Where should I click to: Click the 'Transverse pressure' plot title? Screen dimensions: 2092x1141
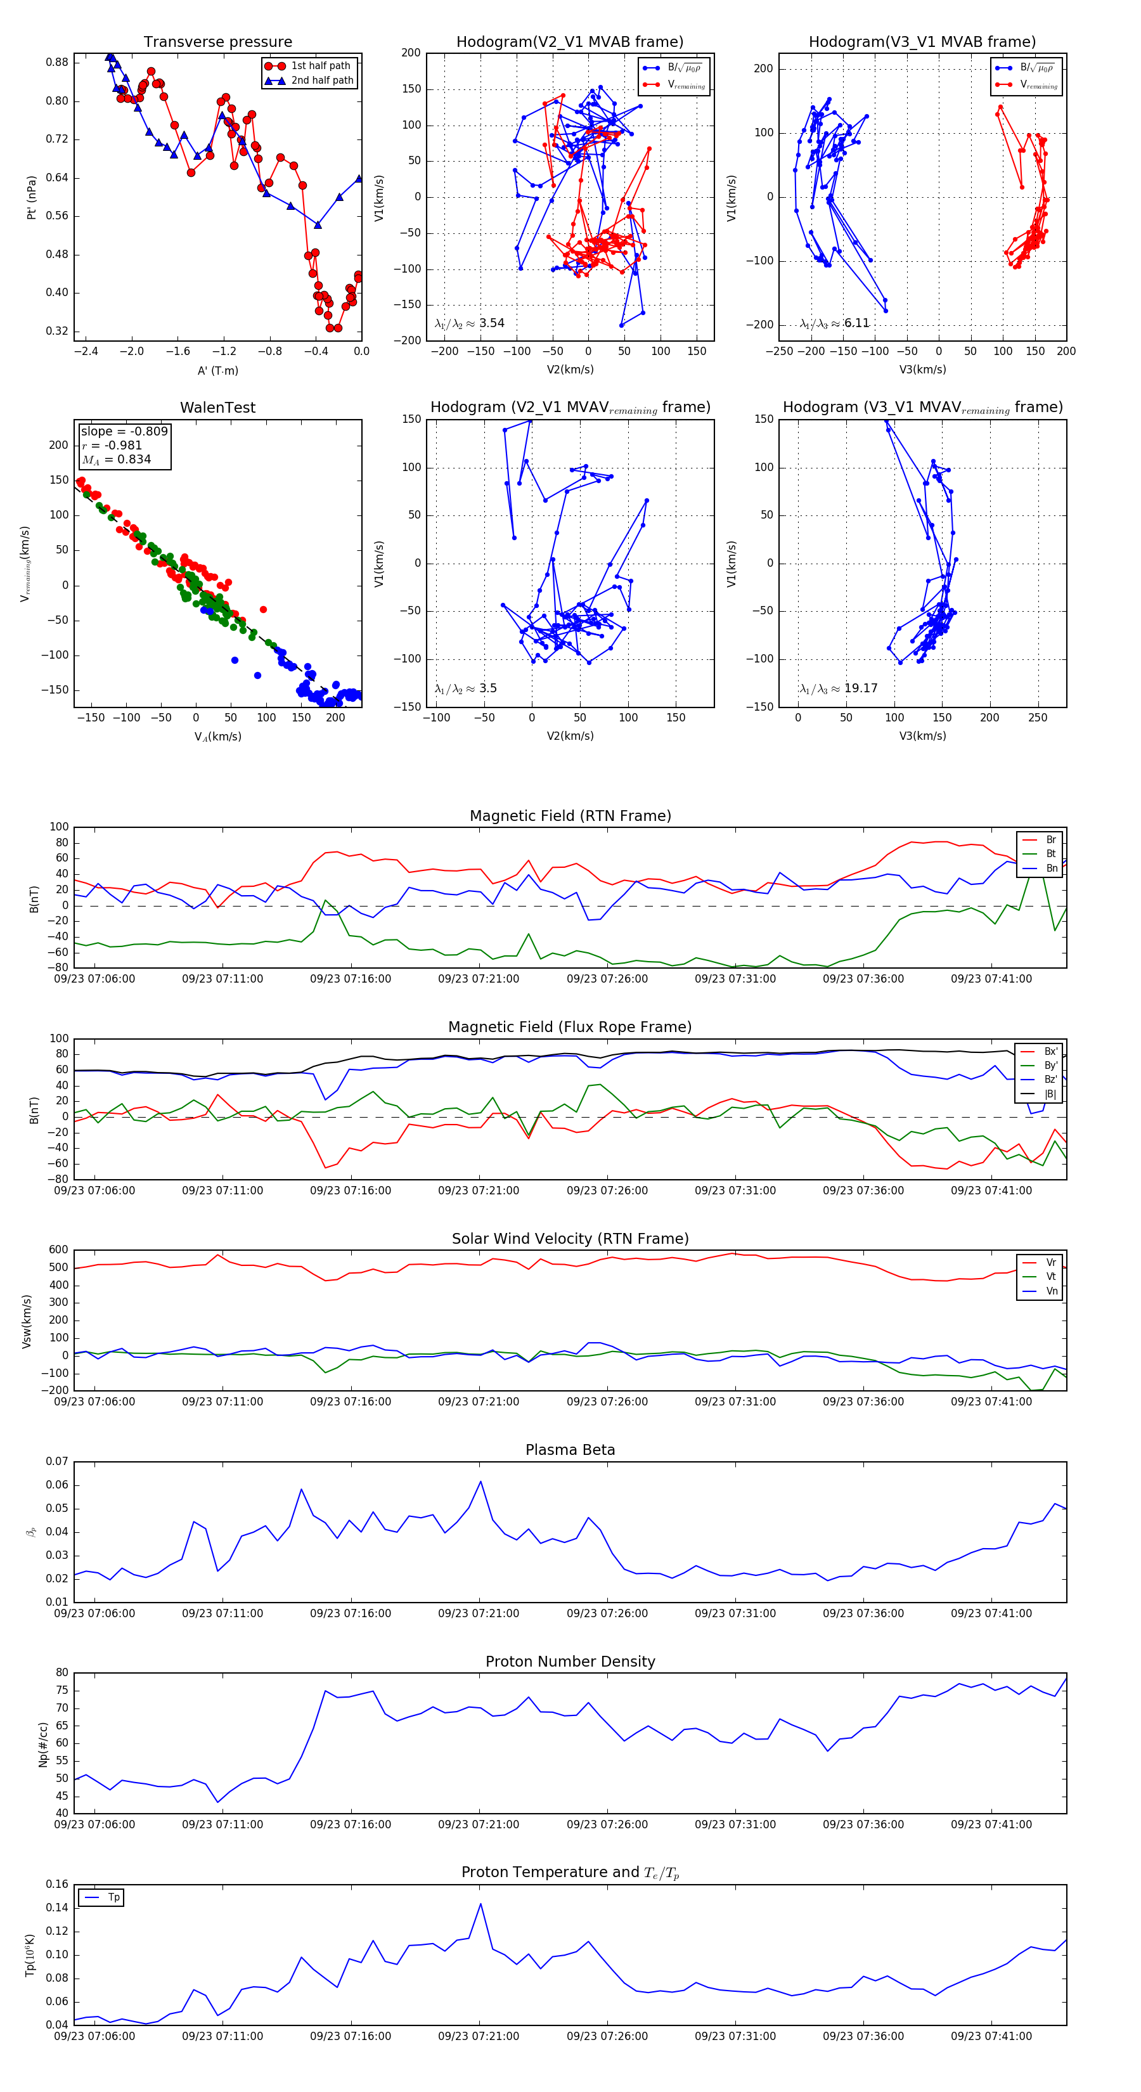tap(217, 42)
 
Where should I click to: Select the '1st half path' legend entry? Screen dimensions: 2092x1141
tap(320, 66)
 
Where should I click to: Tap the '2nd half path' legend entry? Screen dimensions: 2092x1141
tap(321, 81)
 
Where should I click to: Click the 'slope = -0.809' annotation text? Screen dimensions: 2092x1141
tap(124, 431)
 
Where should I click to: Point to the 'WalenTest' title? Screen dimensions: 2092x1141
tap(217, 408)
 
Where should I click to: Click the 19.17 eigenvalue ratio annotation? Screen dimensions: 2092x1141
tap(860, 688)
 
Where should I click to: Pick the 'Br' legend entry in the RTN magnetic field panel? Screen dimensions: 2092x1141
tap(1050, 840)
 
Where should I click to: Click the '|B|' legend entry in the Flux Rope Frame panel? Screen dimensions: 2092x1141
tap(1050, 1094)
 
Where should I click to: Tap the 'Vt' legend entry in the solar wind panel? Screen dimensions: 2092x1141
tap(1051, 1277)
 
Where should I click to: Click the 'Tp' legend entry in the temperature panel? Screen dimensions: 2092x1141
tap(113, 1897)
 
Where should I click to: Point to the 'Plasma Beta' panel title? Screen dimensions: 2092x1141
tap(570, 1450)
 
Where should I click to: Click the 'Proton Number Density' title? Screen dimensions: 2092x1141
tap(570, 1662)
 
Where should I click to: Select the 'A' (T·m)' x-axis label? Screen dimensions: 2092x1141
tap(217, 370)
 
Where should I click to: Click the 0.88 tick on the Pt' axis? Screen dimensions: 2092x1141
tap(57, 63)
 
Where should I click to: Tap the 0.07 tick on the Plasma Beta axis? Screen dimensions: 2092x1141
tap(57, 1461)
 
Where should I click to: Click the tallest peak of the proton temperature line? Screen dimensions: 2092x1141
tap(480, 1904)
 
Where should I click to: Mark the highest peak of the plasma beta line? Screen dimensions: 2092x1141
tap(480, 1482)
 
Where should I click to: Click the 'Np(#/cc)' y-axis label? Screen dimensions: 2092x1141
tap(43, 1743)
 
